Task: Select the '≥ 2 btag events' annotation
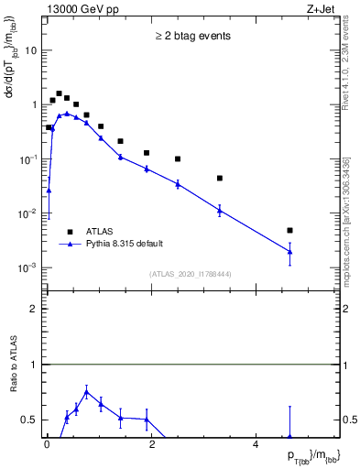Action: [x=191, y=37]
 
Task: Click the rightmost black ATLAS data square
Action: [x=289, y=231]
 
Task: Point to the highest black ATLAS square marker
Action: [x=59, y=93]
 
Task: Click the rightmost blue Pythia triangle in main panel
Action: [x=289, y=251]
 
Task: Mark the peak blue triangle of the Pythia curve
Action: [x=67, y=114]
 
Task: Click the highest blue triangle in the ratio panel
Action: [x=86, y=392]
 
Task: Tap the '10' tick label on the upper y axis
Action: [x=31, y=50]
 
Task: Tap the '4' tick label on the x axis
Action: [x=256, y=445]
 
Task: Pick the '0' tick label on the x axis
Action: [x=47, y=445]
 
